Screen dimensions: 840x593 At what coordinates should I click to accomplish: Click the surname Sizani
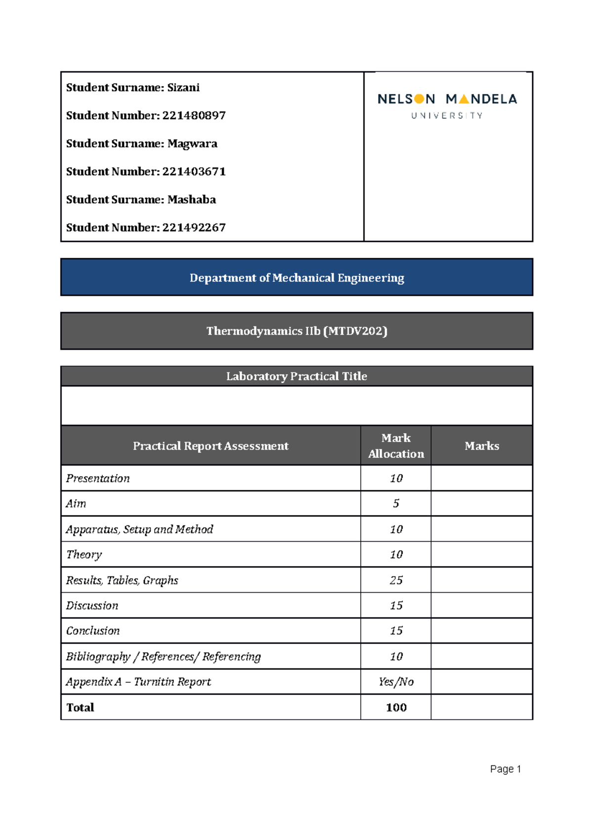point(183,88)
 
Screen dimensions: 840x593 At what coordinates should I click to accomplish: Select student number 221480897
point(194,116)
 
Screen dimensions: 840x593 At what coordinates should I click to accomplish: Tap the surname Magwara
point(192,144)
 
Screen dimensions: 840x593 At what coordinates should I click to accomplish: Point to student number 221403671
point(194,172)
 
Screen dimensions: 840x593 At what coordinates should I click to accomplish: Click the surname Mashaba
point(191,200)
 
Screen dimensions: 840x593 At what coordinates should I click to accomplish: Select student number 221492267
point(194,228)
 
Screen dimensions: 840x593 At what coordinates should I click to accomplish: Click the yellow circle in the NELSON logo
point(419,99)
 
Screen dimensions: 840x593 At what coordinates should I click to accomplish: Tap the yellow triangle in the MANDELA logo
point(464,99)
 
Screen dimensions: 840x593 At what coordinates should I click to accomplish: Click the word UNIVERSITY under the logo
point(447,116)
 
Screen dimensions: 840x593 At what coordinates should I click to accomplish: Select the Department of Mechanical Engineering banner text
point(296,278)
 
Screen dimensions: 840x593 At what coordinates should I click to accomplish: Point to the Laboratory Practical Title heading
point(296,376)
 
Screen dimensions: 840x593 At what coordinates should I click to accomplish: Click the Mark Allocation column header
point(396,446)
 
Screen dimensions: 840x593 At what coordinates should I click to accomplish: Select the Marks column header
point(481,446)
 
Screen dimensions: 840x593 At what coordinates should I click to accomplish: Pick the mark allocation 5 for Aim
point(396,504)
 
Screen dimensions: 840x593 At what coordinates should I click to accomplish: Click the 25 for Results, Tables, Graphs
point(396,580)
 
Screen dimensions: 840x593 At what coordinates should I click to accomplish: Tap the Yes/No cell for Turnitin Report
point(396,682)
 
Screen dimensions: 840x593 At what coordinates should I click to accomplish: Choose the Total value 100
point(396,707)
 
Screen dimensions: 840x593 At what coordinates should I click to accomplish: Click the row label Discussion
point(92,606)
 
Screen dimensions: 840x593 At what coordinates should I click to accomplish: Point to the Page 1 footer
point(505,769)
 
